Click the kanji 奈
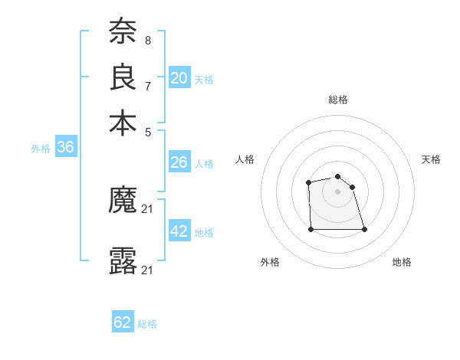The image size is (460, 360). pyautogui.click(x=123, y=31)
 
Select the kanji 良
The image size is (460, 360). pyautogui.click(x=123, y=77)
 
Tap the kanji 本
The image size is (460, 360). pyautogui.click(x=123, y=123)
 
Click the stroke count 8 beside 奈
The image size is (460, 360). pyautogui.click(x=148, y=40)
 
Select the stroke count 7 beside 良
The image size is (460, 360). pyautogui.click(x=148, y=86)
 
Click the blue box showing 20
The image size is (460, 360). pyautogui.click(x=179, y=78)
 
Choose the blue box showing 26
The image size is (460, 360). pyautogui.click(x=179, y=162)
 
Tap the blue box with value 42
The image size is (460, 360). pyautogui.click(x=179, y=231)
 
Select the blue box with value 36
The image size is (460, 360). pyautogui.click(x=65, y=148)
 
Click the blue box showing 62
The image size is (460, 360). pyautogui.click(x=123, y=322)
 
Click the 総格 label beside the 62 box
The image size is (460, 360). pyautogui.click(x=147, y=324)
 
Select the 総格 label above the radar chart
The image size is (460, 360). pyautogui.click(x=338, y=100)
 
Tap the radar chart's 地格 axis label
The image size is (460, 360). pyautogui.click(x=402, y=262)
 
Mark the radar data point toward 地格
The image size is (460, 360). pyautogui.click(x=363, y=229)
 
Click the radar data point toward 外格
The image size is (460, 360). pyautogui.click(x=310, y=229)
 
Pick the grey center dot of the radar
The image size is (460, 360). pyautogui.click(x=337, y=191)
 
